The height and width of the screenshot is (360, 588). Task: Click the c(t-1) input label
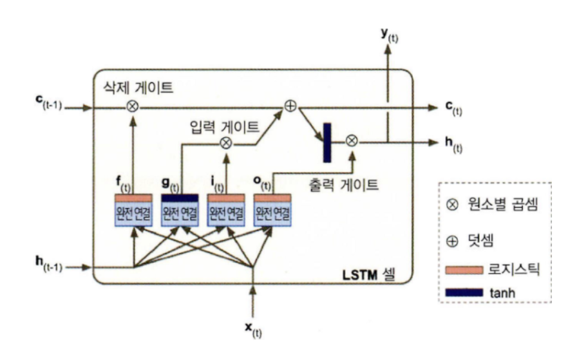click(x=48, y=106)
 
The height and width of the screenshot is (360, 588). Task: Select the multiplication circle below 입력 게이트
click(x=225, y=142)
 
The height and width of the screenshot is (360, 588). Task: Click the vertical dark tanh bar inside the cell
click(x=327, y=142)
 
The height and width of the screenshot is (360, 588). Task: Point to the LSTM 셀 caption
click(x=369, y=277)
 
